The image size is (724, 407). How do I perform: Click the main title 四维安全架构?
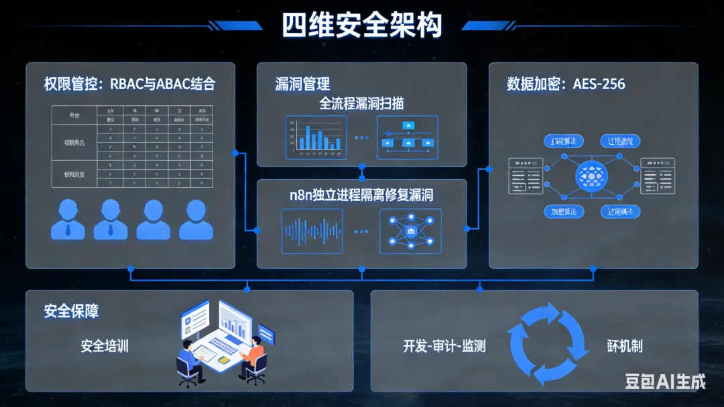tap(362, 25)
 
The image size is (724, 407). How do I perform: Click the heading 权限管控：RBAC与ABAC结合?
tap(129, 84)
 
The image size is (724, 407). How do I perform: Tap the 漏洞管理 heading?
tap(302, 84)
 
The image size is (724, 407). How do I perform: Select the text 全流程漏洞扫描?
tap(361, 103)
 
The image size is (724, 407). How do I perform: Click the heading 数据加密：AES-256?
tap(566, 84)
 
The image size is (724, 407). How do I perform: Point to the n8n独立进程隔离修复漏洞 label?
tap(361, 195)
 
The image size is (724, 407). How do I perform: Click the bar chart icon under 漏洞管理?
tap(316, 137)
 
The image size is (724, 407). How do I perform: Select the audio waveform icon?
tap(312, 231)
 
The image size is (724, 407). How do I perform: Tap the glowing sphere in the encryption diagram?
tap(591, 176)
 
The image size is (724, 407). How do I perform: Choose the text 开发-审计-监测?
tap(444, 346)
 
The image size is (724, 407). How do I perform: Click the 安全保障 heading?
tap(71, 311)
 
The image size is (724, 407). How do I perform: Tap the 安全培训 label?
tap(105, 346)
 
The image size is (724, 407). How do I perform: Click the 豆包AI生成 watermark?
tap(665, 382)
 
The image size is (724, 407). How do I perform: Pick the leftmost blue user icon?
tap(68, 220)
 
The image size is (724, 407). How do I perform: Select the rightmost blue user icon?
tap(196, 220)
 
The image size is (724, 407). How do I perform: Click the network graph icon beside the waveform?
tap(410, 231)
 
